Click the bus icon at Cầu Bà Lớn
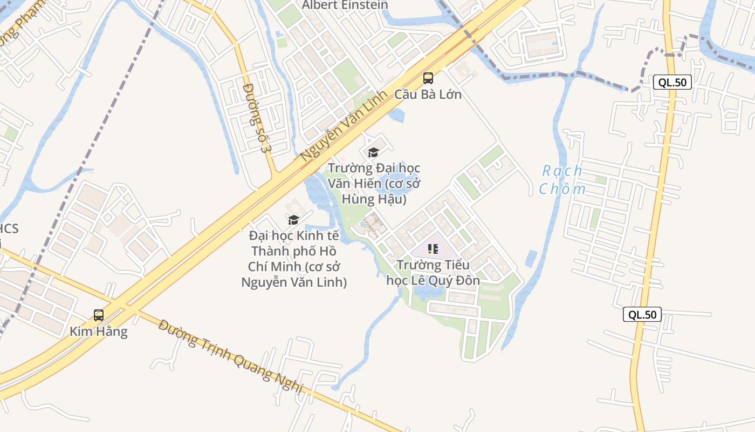pyautogui.click(x=428, y=78)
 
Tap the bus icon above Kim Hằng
pyautogui.click(x=99, y=315)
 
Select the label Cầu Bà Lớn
pyautogui.click(x=428, y=94)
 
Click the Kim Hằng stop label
pyautogui.click(x=99, y=331)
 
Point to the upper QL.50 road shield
pyautogui.click(x=672, y=82)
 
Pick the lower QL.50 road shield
pyautogui.click(x=642, y=314)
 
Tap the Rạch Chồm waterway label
pyautogui.click(x=562, y=180)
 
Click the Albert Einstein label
pyautogui.click(x=345, y=5)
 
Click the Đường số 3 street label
pyautogui.click(x=256, y=117)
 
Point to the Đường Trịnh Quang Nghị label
pyautogui.click(x=232, y=357)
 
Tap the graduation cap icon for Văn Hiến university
pyautogui.click(x=373, y=153)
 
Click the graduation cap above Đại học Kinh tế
pyautogui.click(x=293, y=220)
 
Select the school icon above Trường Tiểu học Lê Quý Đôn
pyautogui.click(x=433, y=249)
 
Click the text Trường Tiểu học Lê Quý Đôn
pyautogui.click(x=433, y=273)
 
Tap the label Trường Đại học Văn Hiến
pyautogui.click(x=374, y=175)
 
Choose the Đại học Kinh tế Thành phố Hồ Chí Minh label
pyautogui.click(x=294, y=259)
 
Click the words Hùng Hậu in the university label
pyautogui.click(x=374, y=199)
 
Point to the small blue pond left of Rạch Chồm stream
pyautogui.click(x=531, y=258)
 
